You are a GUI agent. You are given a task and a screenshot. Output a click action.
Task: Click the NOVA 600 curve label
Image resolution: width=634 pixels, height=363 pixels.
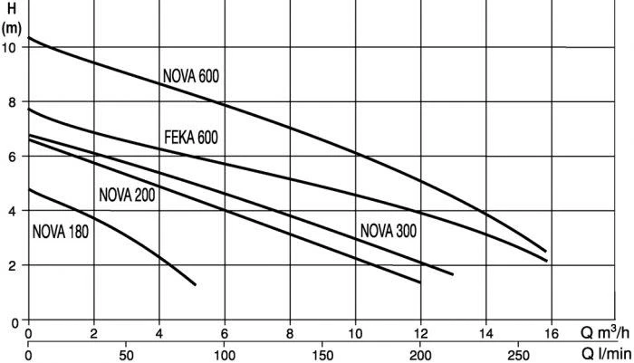coord(191,76)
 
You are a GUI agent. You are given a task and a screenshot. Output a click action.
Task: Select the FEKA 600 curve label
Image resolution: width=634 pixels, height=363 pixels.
coord(191,138)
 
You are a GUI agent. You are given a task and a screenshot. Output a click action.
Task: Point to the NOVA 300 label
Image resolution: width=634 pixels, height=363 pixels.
coord(388,230)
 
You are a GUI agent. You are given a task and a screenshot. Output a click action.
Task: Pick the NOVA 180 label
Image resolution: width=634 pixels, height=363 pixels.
coord(60,230)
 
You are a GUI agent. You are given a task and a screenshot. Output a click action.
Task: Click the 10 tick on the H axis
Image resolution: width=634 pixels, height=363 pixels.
coord(11,47)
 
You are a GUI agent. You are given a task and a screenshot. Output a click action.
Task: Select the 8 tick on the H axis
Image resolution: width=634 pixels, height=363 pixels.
coord(12,102)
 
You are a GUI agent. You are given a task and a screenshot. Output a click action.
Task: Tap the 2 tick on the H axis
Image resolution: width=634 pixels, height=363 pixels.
coord(12,266)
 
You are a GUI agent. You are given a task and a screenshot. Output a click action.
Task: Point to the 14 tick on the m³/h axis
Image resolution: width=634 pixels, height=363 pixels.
coord(486,333)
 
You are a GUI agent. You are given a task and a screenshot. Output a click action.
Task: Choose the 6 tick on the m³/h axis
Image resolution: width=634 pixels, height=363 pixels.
coord(225,333)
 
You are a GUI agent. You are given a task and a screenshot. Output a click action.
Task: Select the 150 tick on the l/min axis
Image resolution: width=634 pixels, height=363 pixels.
coord(322,355)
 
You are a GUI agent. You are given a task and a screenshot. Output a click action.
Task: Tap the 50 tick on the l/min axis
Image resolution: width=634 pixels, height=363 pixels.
coord(127,355)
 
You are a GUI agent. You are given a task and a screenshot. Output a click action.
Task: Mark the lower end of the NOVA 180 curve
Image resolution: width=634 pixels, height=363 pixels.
coord(195,285)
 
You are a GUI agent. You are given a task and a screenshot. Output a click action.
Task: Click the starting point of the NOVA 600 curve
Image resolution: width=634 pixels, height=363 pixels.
coord(30,38)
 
